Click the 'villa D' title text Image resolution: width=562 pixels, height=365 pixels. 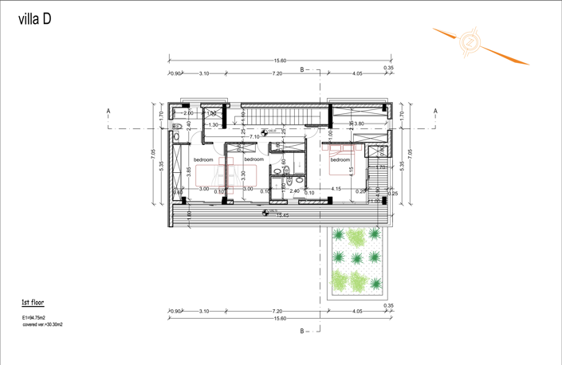click(x=35, y=21)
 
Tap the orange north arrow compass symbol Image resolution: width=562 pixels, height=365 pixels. click(x=471, y=41)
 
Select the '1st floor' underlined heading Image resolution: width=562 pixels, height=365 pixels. click(x=33, y=304)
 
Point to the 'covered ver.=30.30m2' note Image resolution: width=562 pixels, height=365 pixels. click(x=42, y=325)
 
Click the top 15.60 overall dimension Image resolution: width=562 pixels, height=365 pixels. click(x=281, y=61)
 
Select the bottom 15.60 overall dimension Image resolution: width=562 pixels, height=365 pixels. click(x=281, y=318)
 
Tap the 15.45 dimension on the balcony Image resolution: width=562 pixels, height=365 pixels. click(x=282, y=214)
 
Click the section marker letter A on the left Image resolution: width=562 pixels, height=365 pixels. click(x=108, y=112)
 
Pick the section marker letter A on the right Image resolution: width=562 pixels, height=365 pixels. click(x=436, y=112)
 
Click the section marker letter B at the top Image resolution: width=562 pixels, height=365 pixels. click(x=302, y=70)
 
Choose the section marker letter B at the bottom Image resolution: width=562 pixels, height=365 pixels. click(x=302, y=330)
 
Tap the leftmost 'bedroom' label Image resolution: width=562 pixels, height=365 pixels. click(x=203, y=160)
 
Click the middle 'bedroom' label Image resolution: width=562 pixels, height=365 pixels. click(x=253, y=160)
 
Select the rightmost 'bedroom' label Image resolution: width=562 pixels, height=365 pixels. click(x=341, y=159)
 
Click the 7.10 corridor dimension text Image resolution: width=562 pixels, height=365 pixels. click(x=254, y=137)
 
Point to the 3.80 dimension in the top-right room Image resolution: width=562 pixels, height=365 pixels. click(x=359, y=124)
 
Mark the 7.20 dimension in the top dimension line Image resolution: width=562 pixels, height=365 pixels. click(x=277, y=73)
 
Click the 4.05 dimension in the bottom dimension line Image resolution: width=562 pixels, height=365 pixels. click(x=357, y=312)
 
